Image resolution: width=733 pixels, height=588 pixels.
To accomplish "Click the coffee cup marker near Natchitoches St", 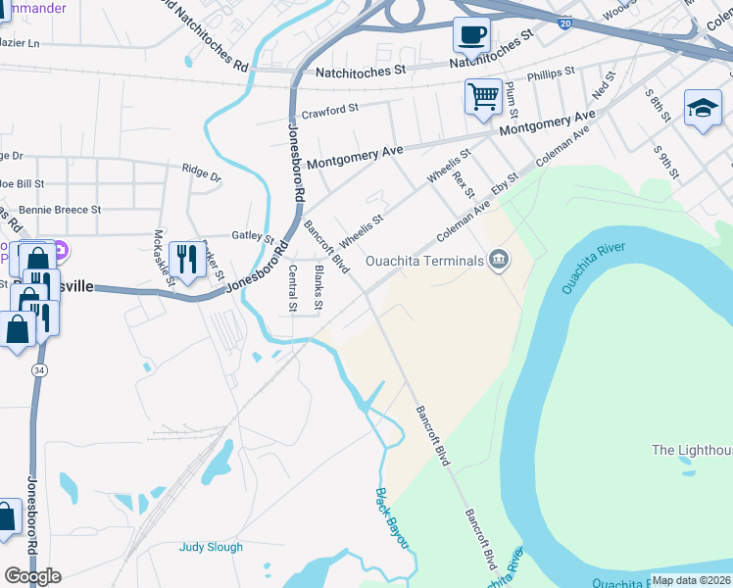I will pyautogui.click(x=471, y=36).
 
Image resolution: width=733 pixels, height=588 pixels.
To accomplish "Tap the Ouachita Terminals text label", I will pyautogui.click(x=424, y=261).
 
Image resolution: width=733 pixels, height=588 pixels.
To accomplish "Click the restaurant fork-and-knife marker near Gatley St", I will pyautogui.click(x=186, y=260).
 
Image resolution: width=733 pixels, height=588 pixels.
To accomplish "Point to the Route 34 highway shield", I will pyautogui.click(x=37, y=369).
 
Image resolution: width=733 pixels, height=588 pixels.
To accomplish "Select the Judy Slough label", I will pyautogui.click(x=211, y=547).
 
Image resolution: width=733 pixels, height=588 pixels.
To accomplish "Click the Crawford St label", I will pyautogui.click(x=324, y=111).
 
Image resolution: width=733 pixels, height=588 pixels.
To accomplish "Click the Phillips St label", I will pyautogui.click(x=550, y=73).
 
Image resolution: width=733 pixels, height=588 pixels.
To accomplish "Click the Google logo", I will pyautogui.click(x=32, y=575).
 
